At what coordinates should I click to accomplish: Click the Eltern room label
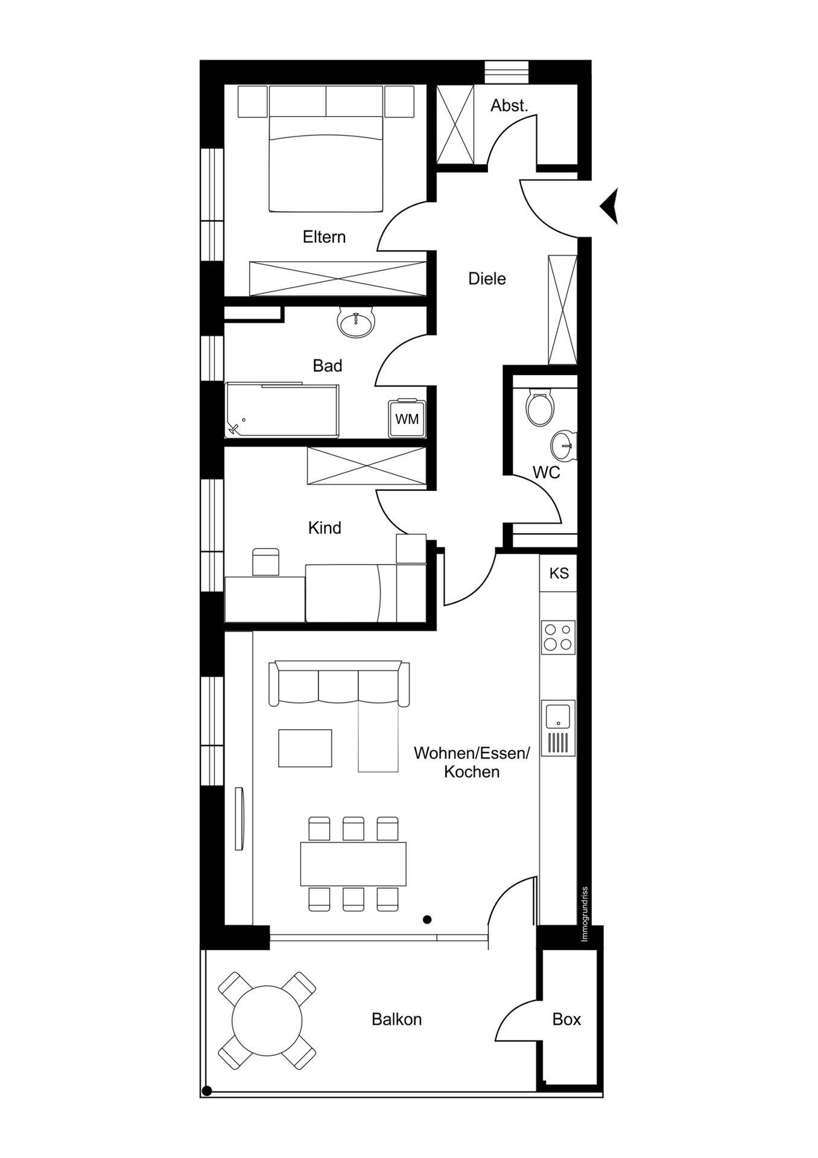pos(324,237)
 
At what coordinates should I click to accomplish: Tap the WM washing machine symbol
pos(407,418)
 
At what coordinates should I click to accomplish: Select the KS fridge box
pos(559,573)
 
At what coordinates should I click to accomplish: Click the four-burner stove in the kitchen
pos(558,638)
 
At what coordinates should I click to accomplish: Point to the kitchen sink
pos(558,728)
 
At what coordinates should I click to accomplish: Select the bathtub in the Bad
pos(282,410)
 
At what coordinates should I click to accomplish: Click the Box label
pos(566,1020)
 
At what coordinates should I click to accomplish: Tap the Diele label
pos(487,279)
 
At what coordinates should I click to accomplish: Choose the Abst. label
pos(509,106)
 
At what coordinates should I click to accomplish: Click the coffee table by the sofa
pos(305,748)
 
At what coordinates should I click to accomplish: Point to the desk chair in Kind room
pos(265,562)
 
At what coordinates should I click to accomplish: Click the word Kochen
pos(472,772)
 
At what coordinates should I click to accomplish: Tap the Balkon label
pos(396,1020)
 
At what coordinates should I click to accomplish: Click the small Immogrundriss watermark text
pos(584,914)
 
